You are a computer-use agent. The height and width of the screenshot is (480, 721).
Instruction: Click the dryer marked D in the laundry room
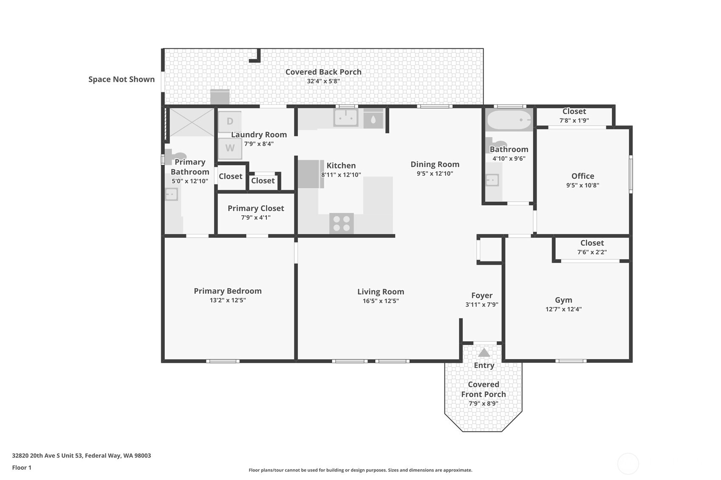point(230,121)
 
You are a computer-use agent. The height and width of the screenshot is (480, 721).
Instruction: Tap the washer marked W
point(230,148)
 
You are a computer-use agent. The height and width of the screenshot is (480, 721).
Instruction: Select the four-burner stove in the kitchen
point(342,223)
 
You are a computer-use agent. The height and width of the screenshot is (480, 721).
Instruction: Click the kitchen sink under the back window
point(346,118)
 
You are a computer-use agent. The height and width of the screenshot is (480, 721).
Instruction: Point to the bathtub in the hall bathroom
point(509,120)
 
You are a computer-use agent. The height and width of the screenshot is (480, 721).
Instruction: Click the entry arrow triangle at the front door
point(484,353)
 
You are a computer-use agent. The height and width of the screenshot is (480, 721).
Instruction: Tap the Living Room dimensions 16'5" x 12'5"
point(381,301)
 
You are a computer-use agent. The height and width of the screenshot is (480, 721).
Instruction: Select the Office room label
point(582,176)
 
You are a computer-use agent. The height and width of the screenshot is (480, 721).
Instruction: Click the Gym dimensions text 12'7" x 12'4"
point(564,309)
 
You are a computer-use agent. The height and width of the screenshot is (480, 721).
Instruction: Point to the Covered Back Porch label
point(323,72)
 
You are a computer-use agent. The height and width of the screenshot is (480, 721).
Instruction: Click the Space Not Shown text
point(122,79)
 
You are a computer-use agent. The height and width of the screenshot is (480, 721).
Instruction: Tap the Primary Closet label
point(256,208)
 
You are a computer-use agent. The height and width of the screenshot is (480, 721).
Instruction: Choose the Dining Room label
point(435,164)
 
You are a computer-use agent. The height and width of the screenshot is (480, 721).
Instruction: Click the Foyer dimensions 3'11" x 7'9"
point(482,304)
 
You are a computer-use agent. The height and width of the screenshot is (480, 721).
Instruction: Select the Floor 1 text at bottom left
point(22,467)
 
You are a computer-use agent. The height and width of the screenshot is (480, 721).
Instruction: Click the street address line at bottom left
point(82,455)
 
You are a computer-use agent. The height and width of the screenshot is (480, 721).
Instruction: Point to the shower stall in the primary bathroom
point(192,122)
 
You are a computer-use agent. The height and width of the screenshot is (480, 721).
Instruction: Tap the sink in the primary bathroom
point(172,194)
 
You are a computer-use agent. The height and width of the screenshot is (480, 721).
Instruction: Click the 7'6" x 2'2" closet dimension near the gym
point(592,252)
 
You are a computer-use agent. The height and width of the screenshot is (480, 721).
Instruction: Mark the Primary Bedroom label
point(228,291)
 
